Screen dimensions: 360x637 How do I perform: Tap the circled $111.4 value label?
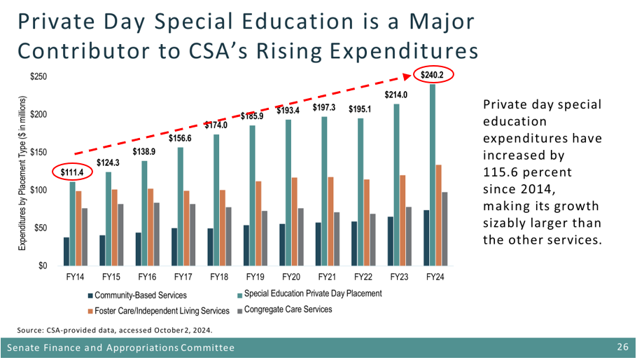click(x=72, y=172)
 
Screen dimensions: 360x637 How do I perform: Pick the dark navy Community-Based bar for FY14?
click(x=66, y=251)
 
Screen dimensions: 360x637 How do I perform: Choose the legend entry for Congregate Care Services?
click(x=288, y=310)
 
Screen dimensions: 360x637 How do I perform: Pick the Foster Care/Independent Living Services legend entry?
click(x=160, y=310)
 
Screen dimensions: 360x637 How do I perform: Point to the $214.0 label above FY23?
click(x=395, y=95)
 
